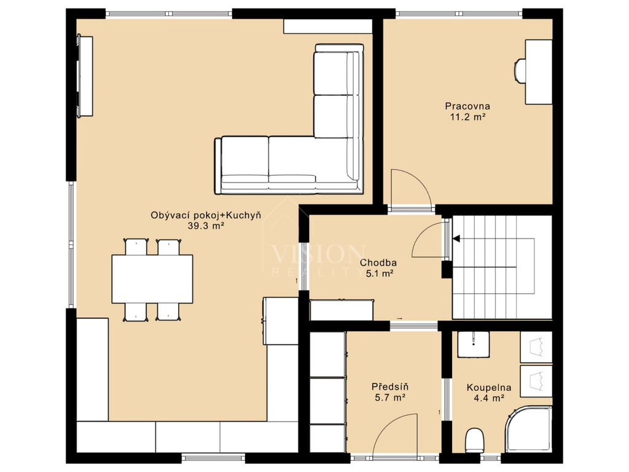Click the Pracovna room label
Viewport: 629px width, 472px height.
(x=467, y=106)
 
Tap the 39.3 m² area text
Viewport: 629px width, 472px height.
(x=206, y=226)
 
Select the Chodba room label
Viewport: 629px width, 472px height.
(x=378, y=263)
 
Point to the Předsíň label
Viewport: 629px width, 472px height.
(x=390, y=387)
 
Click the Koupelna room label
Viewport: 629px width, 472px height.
(x=488, y=388)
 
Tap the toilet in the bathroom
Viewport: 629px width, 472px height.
(x=475, y=440)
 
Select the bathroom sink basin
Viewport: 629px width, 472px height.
(x=474, y=344)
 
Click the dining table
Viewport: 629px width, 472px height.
(x=152, y=279)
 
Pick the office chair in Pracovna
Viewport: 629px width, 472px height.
(x=520, y=71)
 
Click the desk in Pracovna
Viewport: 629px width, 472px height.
(x=539, y=72)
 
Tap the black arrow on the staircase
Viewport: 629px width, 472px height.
(x=456, y=239)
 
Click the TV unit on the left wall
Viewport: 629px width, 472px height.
(x=85, y=76)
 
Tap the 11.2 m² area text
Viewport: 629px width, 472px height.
(x=467, y=117)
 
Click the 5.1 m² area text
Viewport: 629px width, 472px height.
(x=379, y=273)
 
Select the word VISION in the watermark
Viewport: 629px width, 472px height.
(x=318, y=254)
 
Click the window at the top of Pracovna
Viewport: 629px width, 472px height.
(x=459, y=14)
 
